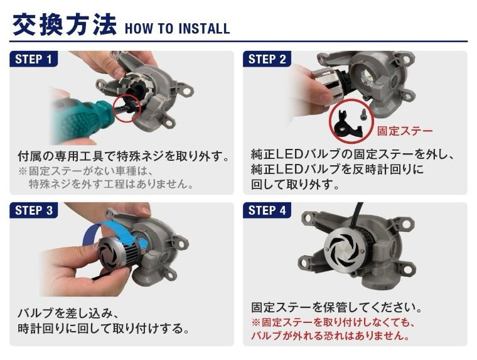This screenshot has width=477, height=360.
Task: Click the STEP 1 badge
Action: (33, 59)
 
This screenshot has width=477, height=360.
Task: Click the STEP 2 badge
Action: (267, 59)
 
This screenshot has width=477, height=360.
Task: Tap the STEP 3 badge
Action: (33, 210)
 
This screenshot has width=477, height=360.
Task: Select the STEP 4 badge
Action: (267, 210)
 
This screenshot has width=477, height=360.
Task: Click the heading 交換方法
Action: (65, 25)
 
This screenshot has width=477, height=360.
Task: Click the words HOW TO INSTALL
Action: (178, 28)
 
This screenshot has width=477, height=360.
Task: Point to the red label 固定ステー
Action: (405, 131)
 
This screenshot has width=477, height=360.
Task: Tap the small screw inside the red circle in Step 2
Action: (362, 114)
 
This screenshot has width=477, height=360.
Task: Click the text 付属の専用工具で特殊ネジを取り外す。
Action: (123, 156)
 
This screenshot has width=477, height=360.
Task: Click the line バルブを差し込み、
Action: (68, 314)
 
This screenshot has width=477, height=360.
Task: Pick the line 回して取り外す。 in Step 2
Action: (295, 185)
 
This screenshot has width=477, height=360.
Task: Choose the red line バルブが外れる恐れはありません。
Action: (330, 335)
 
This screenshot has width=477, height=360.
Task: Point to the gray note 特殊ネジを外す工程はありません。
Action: (111, 184)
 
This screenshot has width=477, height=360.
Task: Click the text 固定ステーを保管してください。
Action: (336, 308)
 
